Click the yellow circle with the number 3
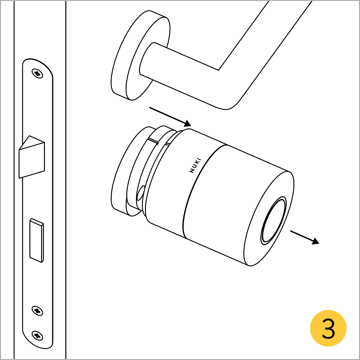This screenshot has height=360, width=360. (x=328, y=328)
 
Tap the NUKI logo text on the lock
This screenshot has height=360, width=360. (x=195, y=165)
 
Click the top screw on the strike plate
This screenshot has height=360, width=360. (x=37, y=73)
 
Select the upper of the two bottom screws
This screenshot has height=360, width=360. (x=37, y=311)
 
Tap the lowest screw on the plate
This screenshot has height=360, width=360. (x=37, y=336)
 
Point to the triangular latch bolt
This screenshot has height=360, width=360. (x=32, y=157)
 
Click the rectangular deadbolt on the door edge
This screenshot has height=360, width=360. (x=37, y=240)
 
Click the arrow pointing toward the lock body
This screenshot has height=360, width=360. (x=170, y=117)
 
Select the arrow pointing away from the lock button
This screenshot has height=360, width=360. (x=305, y=237)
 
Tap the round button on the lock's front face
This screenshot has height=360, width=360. (x=273, y=221)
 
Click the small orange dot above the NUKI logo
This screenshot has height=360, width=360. (x=195, y=157)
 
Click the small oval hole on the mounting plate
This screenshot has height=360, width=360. (x=141, y=193)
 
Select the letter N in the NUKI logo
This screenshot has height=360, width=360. (x=191, y=171)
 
